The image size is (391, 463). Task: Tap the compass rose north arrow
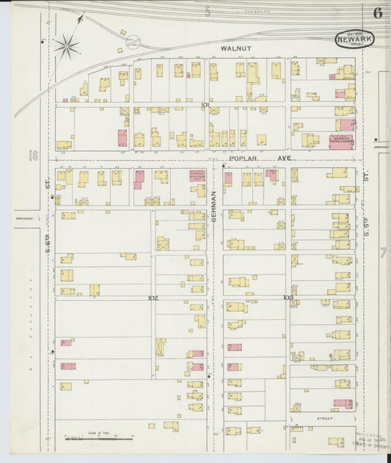tap(66, 46)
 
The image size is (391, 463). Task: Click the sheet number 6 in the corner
tap(377, 13)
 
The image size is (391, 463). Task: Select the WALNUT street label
tap(236, 48)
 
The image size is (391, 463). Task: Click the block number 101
tap(205, 106)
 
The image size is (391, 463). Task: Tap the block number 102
tap(153, 298)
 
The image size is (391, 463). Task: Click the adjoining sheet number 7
tap(382, 253)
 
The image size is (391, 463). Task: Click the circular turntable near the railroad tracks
tap(133, 42)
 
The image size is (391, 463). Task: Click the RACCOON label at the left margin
tap(23, 217)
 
